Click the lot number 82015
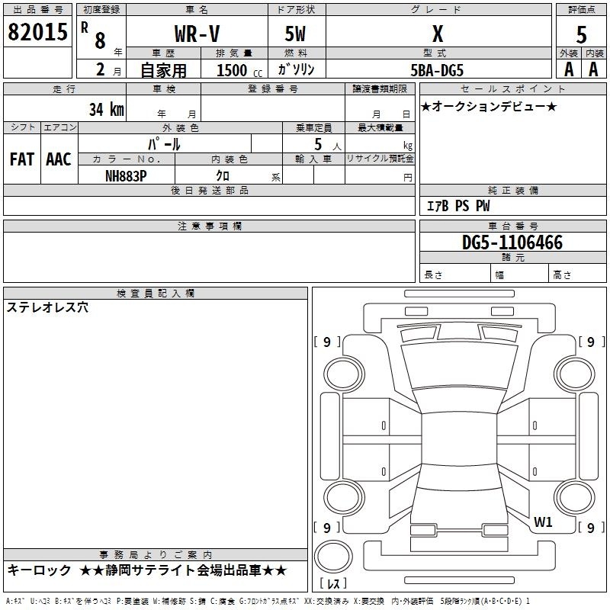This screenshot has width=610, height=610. click(37, 34)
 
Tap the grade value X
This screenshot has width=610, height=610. click(437, 34)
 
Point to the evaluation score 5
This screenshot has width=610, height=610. click(582, 35)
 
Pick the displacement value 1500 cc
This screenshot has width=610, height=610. click(235, 70)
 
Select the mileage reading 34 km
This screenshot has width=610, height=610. click(106, 109)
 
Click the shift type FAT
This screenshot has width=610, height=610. click(22, 159)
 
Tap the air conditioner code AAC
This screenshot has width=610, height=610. click(59, 159)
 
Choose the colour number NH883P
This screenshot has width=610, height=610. click(126, 175)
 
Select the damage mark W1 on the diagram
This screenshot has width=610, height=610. click(543, 522)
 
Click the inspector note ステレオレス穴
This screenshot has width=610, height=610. click(47, 308)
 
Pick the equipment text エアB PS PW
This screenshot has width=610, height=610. click(457, 206)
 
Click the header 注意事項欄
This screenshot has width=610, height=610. click(209, 226)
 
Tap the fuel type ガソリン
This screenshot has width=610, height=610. click(297, 69)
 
